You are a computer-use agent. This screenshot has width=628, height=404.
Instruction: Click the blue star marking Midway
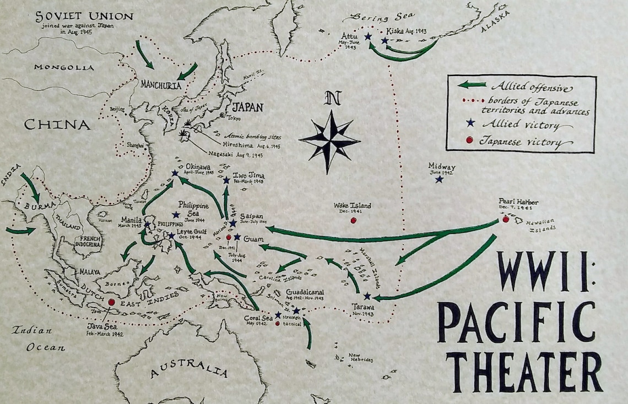[x=438, y=179]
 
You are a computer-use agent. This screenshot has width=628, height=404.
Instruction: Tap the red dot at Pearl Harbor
[x=506, y=219]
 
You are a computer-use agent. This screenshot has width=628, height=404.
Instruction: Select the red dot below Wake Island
[x=353, y=220]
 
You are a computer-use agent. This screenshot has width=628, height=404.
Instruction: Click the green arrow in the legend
[x=472, y=85]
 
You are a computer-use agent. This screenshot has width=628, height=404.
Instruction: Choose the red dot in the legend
[x=469, y=140]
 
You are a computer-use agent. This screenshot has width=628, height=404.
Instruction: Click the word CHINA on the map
[x=57, y=125]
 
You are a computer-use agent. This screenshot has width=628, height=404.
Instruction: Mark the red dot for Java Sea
[x=111, y=302]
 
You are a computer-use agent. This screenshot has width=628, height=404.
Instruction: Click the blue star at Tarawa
[x=367, y=296]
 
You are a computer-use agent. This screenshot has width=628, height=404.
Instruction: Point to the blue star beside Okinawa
[x=175, y=173]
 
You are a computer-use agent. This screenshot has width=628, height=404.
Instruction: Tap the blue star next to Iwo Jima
[x=226, y=179]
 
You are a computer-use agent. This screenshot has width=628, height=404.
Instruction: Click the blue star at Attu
[x=368, y=37]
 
